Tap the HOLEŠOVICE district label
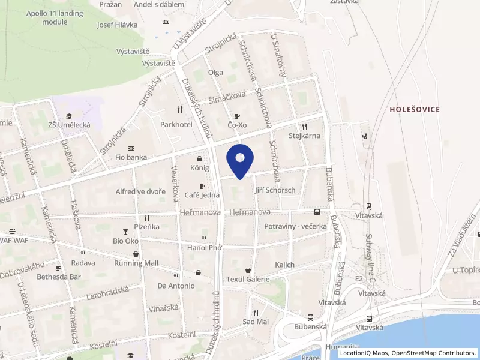click(414, 109)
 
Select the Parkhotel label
click(176, 124)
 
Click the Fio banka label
click(131, 157)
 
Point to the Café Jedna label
click(201, 195)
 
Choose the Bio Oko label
click(125, 241)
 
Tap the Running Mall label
click(136, 263)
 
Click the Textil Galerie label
click(248, 279)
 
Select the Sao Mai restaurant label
click(256, 322)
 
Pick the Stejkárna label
click(304, 136)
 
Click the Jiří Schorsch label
click(275, 190)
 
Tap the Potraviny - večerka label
click(295, 226)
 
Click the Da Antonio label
click(176, 286)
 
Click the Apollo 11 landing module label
click(55, 17)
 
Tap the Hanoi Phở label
click(204, 247)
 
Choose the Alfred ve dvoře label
click(140, 192)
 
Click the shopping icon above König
click(199, 160)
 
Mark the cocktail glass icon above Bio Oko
click(125, 232)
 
